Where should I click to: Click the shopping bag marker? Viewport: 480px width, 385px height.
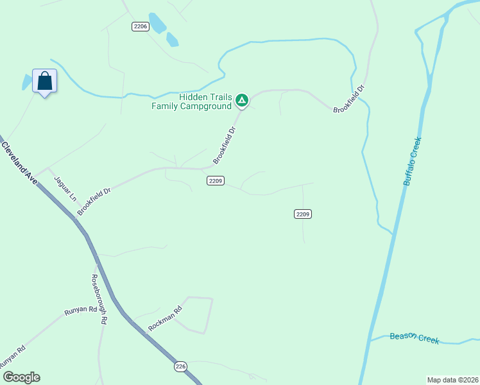44,81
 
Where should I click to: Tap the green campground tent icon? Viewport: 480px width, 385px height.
242,99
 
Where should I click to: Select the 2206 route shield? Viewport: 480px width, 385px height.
141,26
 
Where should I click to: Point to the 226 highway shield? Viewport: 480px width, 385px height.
181,366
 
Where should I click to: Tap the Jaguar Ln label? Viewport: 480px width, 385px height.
65,189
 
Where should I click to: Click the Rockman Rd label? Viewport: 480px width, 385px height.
165,318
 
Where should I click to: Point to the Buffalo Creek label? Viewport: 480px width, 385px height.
412,161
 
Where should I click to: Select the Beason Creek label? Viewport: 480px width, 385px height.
415,338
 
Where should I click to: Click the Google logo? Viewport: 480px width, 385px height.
21,377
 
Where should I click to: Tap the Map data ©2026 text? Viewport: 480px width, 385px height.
452,380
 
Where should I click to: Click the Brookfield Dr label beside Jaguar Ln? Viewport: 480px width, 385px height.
90,201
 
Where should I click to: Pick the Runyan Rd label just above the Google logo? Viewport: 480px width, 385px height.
12,358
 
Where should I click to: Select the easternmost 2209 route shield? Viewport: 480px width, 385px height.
304,214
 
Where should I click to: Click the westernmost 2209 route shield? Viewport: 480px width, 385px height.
216,181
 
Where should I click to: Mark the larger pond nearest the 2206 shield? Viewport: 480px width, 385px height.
157,23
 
